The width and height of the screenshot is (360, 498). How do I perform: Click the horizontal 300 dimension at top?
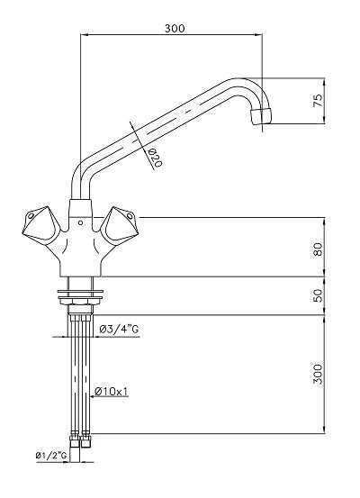pos(175,29)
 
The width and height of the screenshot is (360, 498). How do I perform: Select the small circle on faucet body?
pos(82,220)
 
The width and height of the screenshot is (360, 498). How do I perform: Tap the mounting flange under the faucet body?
pos(81,291)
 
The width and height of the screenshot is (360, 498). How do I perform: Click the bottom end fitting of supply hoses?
pos(81,441)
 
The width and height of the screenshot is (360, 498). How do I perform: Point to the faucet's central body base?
pos(81,261)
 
